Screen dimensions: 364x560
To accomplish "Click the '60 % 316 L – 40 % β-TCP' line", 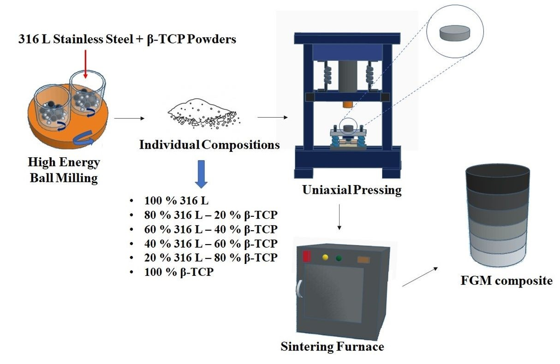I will click(210, 230).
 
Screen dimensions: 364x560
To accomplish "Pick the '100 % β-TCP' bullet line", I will click(179, 272).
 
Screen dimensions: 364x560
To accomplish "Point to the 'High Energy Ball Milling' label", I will click(63, 170).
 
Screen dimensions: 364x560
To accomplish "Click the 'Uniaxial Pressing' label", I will click(351, 190).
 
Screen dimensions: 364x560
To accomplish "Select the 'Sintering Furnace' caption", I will click(332, 346).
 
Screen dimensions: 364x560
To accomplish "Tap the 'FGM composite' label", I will click(506, 280).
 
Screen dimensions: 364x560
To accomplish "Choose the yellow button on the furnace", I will click(325, 257).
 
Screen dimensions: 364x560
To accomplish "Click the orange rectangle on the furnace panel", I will click(363, 260).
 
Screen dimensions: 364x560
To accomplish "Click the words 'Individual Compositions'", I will click(209, 145).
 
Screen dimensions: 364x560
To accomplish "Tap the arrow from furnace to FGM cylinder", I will click(420, 276).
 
